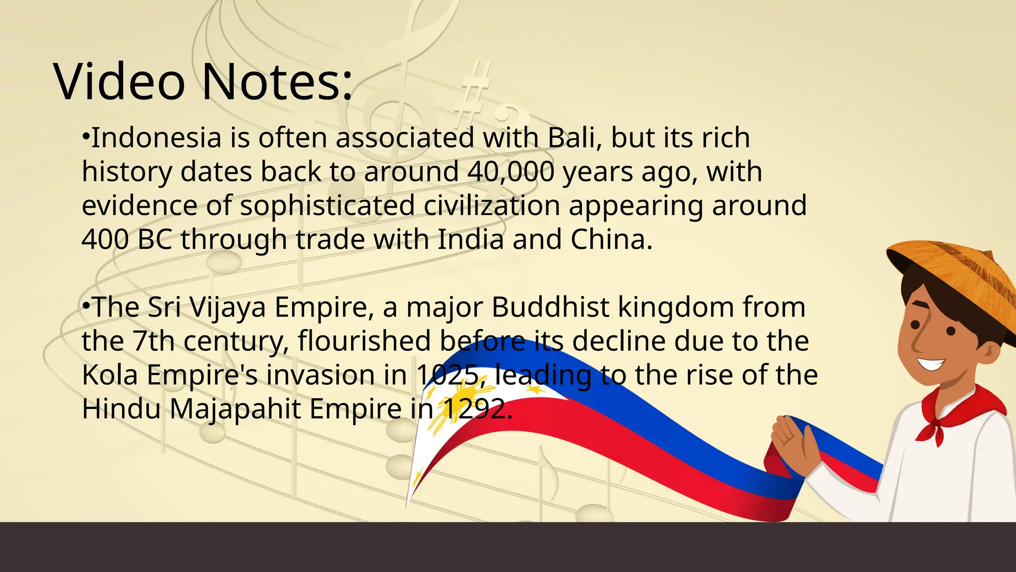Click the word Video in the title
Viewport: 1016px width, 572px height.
(x=119, y=82)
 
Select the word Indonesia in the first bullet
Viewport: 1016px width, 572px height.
(x=156, y=138)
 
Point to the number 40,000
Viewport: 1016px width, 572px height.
(x=510, y=172)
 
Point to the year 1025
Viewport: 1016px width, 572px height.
(x=447, y=375)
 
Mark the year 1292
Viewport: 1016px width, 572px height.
(x=474, y=409)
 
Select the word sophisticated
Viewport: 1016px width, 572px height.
(x=327, y=206)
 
